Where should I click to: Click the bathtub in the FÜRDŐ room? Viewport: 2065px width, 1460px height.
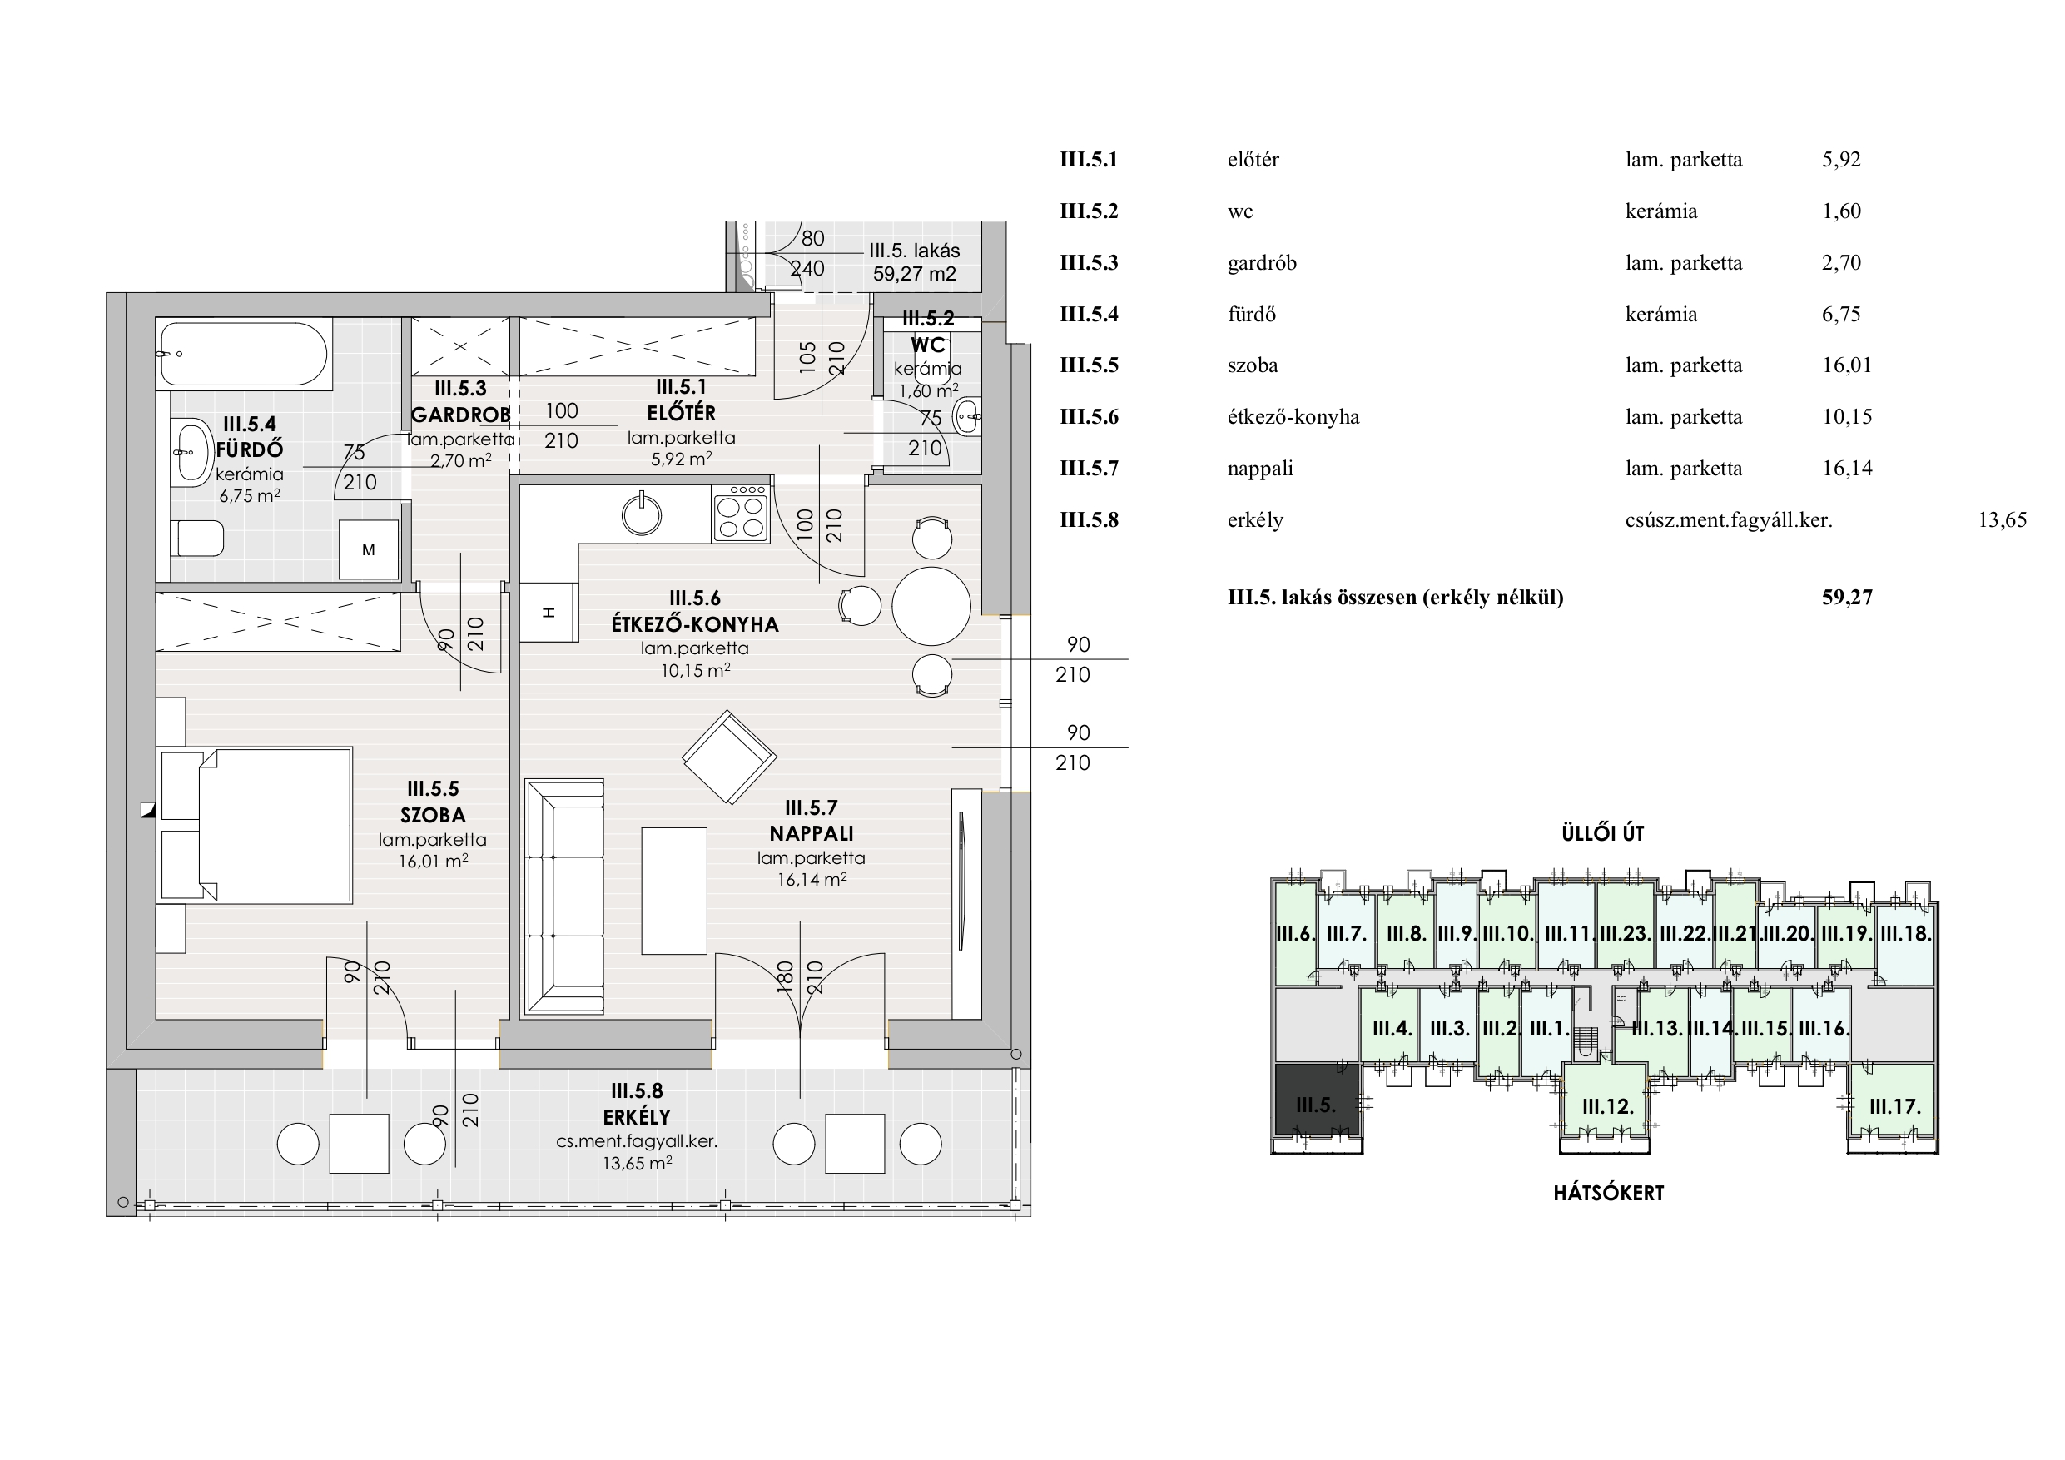pyautogui.click(x=243, y=355)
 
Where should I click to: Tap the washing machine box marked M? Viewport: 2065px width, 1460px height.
pyautogui.click(x=369, y=549)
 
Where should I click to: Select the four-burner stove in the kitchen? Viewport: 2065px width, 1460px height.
pyautogui.click(x=740, y=514)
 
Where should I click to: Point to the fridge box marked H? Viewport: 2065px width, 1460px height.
pyautogui.click(x=549, y=613)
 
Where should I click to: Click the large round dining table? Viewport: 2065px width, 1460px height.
pyautogui.click(x=931, y=606)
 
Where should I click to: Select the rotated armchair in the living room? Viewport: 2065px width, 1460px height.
pyautogui.click(x=728, y=757)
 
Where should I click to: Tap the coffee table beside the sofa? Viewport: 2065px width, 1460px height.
pyautogui.click(x=673, y=891)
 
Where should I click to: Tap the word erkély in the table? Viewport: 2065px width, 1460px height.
pyautogui.click(x=1254, y=520)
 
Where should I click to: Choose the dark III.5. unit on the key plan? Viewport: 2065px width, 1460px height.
pyautogui.click(x=1316, y=1105)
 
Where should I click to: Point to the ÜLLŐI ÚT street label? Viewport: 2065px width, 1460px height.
pyautogui.click(x=1603, y=834)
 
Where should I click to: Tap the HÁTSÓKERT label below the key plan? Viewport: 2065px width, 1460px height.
pyautogui.click(x=1608, y=1194)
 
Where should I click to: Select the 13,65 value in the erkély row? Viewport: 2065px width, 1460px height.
pyautogui.click(x=2002, y=520)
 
